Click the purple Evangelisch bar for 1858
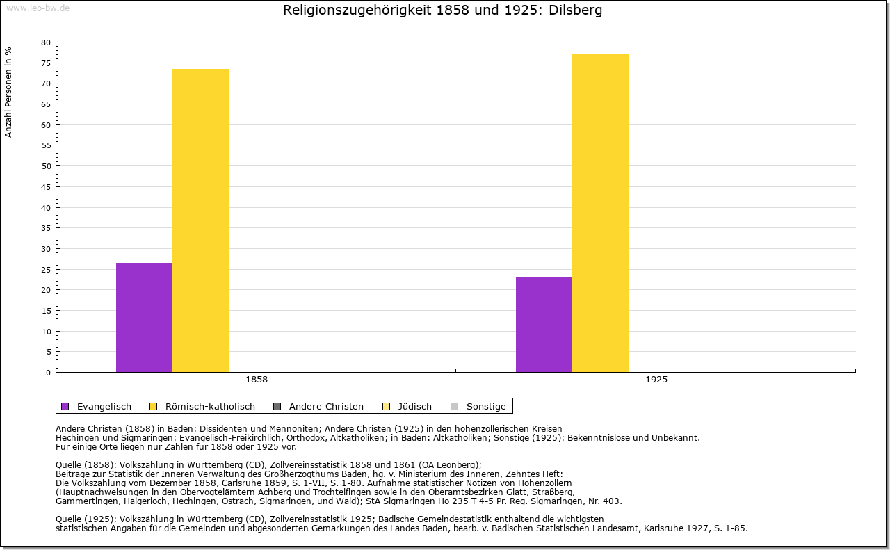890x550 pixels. (144, 317)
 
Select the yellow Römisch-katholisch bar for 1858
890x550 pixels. (201, 220)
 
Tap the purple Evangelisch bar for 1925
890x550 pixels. (544, 324)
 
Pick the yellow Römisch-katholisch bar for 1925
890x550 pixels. (601, 213)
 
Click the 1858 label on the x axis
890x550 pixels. (257, 380)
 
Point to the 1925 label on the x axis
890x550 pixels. (656, 380)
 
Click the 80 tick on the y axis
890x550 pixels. (46, 42)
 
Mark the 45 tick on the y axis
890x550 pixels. (46, 187)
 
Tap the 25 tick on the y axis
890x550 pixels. (46, 269)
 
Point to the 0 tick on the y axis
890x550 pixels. (48, 373)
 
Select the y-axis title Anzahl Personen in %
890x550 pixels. (9, 92)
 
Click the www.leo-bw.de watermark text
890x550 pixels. (37, 8)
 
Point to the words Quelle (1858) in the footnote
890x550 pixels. (86, 465)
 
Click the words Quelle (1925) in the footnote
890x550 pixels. (86, 519)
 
